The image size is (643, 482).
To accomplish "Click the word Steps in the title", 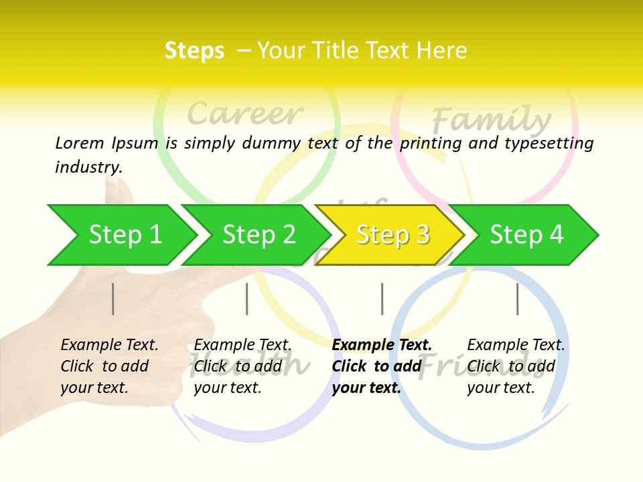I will [194, 51].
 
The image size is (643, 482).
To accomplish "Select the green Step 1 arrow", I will [125, 235].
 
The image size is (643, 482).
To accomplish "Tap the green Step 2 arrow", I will [259, 235].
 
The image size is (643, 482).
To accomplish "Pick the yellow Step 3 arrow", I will [392, 235].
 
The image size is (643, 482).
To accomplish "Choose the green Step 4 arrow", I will [526, 235].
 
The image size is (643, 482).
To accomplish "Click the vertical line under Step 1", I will [113, 299].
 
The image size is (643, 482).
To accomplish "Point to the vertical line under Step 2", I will [247, 299].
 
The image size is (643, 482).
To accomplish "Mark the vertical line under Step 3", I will [382, 299].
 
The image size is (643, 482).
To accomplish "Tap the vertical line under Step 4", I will [518, 299].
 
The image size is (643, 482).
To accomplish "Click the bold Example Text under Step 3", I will [382, 345].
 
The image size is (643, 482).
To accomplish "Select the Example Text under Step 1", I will [109, 345].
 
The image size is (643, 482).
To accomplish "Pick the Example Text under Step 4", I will [516, 345].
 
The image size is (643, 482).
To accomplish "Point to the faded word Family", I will [490, 120].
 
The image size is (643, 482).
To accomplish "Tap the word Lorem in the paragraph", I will [80, 143].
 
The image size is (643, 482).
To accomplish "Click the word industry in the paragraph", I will [88, 167].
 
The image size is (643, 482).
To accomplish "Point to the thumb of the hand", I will [121, 194].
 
